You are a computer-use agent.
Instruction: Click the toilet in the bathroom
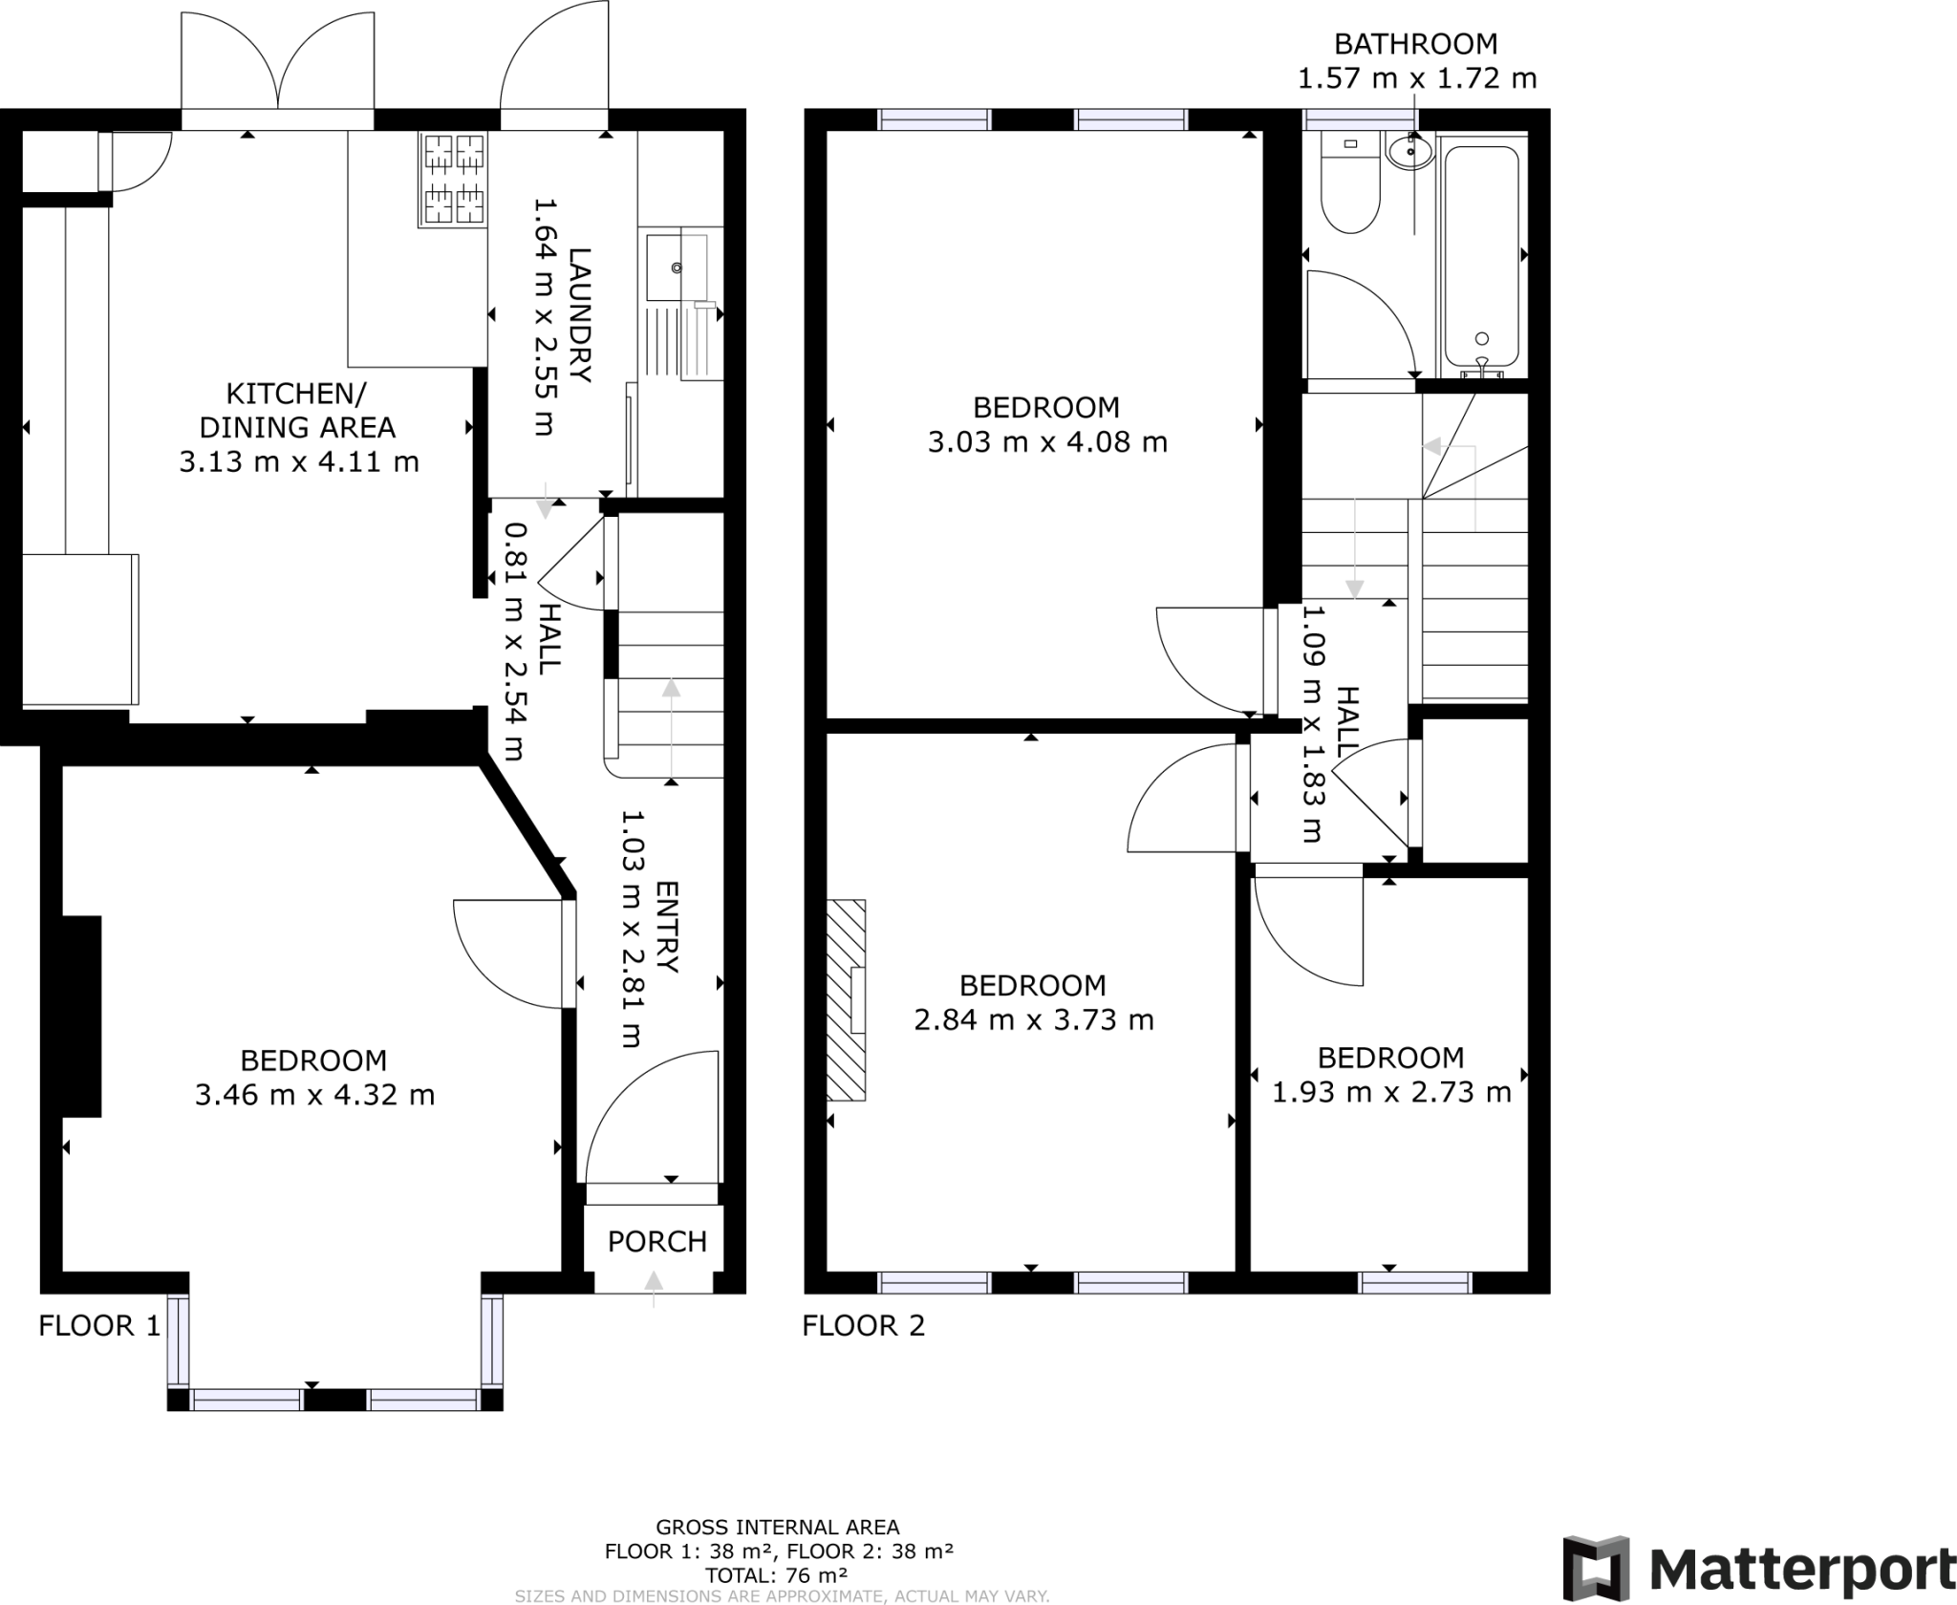pos(1350,186)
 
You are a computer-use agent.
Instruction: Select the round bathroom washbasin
pos(1410,151)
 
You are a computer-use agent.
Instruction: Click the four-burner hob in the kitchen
pos(454,179)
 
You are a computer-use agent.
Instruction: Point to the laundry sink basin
pos(675,266)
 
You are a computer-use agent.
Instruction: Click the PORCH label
pos(657,1241)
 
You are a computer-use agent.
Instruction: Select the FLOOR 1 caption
pos(99,1325)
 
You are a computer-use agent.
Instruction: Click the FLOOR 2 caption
pos(864,1325)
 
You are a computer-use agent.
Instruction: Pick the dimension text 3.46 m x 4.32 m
pos(314,1094)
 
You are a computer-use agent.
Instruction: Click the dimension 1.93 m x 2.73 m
pos(1391,1091)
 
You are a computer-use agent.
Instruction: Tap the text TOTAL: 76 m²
pos(777,1575)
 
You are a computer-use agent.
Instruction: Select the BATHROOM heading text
pos(1415,44)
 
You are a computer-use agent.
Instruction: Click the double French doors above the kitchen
pos(278,62)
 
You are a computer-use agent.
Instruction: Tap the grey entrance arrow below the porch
pos(654,1288)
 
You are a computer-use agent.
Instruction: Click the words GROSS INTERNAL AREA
pos(777,1527)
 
